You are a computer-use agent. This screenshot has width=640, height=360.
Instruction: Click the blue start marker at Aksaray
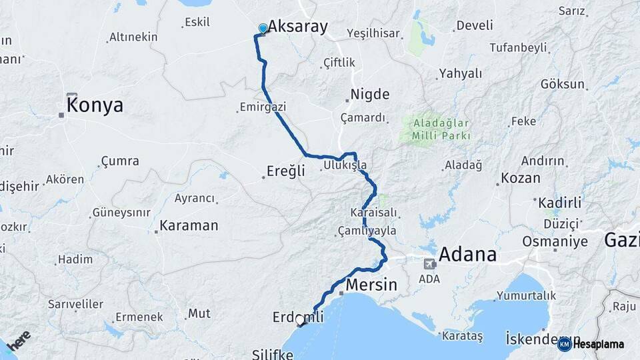[x=263, y=29]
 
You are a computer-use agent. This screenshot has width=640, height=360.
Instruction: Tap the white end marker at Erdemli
[x=300, y=320]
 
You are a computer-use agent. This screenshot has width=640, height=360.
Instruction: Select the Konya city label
[x=95, y=105]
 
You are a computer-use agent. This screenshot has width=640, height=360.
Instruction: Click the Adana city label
[x=467, y=254]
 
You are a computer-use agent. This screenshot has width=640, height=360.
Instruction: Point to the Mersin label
[x=371, y=285]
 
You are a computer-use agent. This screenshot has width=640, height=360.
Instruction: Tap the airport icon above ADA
[x=429, y=264]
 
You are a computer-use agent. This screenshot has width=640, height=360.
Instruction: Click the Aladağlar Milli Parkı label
[x=441, y=129]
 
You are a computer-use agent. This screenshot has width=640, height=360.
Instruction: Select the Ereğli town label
[x=285, y=171]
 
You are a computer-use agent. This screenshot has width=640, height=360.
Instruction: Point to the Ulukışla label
[x=345, y=165]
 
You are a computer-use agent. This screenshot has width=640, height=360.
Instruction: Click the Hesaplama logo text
[x=598, y=344]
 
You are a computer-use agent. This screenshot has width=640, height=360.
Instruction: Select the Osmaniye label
[x=555, y=241]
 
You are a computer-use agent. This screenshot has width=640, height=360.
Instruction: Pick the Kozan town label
[x=520, y=178]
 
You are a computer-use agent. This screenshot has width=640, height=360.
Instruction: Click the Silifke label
[x=272, y=354]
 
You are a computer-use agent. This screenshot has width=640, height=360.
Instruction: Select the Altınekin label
[x=133, y=37]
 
